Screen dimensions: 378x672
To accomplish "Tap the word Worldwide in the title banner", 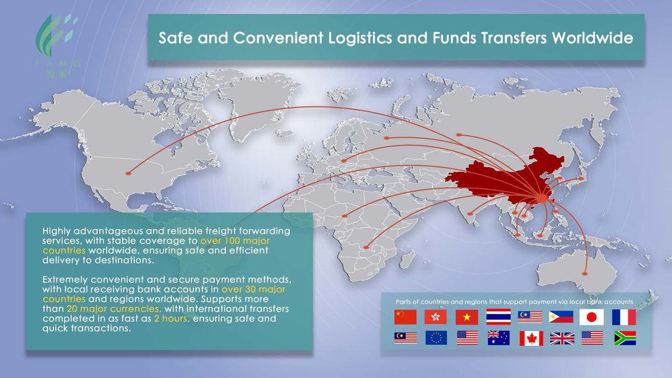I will coord(592,38).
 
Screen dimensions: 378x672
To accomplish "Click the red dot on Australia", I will coord(586,273).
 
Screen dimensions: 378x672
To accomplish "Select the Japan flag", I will coord(591,317).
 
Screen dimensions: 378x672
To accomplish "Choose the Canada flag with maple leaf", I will coord(531,338).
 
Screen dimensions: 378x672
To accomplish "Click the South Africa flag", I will coord(624,338).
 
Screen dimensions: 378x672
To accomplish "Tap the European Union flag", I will coord(436,338).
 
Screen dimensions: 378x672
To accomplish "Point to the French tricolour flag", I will coord(624,317).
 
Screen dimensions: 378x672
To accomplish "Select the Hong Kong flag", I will coord(436,317).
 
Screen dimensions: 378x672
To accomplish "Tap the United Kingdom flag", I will coord(562,338).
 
